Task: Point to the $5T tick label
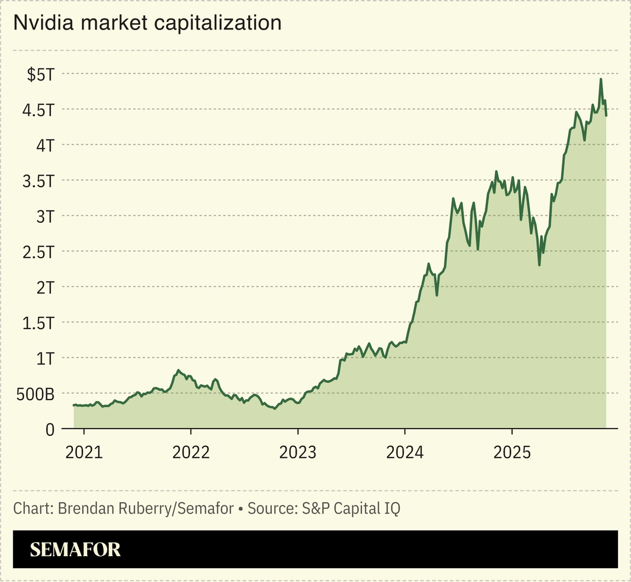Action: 41,74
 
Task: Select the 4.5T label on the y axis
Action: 38,110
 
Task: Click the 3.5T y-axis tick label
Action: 38,181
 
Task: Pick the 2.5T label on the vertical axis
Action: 38,252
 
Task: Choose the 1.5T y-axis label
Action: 38,323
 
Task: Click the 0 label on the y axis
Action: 49,430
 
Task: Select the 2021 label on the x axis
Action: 84,452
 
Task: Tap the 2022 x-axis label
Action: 191,452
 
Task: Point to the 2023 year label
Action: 297,452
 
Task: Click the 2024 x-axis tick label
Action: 405,452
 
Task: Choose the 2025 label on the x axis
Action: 512,452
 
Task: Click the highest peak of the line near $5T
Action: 601,79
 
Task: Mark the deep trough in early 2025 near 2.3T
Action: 540,265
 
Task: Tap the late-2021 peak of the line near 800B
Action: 178,371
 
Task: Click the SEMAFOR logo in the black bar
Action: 75,549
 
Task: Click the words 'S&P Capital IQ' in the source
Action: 351,508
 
